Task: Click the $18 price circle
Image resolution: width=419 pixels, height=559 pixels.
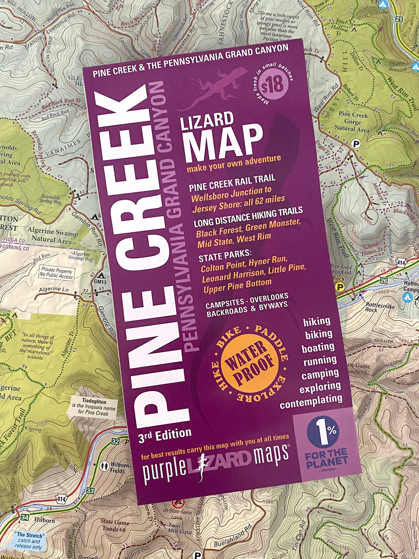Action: [x=273, y=85]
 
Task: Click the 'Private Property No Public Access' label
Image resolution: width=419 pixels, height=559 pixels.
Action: [x=57, y=273]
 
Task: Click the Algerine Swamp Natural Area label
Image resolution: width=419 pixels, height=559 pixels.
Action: [x=52, y=235]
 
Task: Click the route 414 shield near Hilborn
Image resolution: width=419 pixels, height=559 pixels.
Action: [x=61, y=499]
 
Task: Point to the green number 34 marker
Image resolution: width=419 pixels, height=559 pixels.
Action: [x=24, y=517]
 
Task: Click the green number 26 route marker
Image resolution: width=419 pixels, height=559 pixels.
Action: [x=384, y=281]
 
